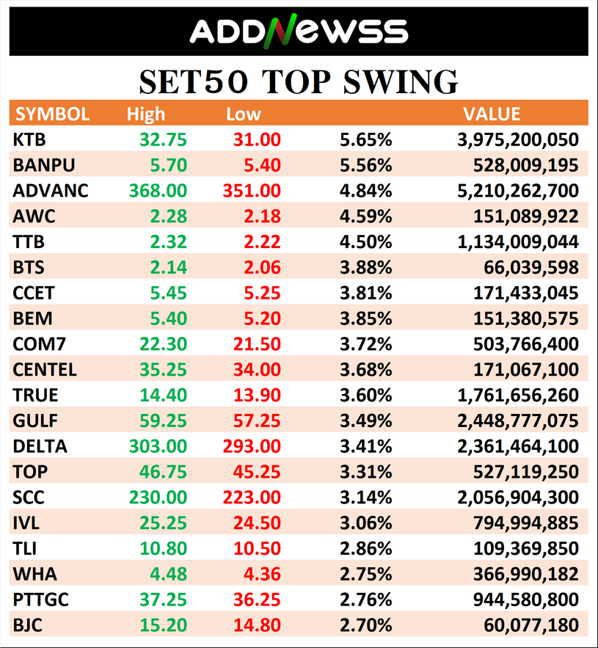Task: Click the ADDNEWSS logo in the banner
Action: coord(299,32)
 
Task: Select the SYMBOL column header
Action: coord(53,114)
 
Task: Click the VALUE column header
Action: coord(492,114)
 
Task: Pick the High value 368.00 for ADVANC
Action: coord(158,191)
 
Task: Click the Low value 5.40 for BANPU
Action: coord(260,165)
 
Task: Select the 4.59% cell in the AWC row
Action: coord(365,216)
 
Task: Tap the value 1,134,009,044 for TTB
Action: coord(517,241)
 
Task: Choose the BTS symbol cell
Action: coord(29,267)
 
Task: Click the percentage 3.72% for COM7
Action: coord(365,344)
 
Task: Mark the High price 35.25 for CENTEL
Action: coord(164,370)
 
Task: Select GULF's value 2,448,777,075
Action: coord(517,421)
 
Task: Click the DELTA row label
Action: coord(40,446)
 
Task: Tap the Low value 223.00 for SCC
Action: coord(251,498)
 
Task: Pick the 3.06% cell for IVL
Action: coord(365,523)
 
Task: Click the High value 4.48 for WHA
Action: coord(167,575)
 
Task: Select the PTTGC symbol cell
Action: coord(40,600)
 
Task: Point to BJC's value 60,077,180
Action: coord(531,626)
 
